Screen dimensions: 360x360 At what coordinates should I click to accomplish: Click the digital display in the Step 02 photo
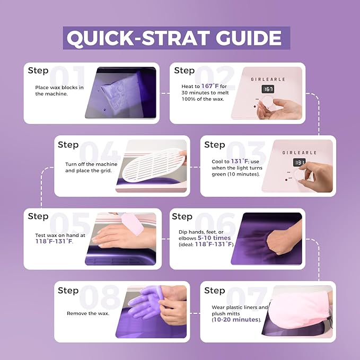(x=269, y=89)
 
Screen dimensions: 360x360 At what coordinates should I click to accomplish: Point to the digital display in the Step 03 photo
(x=300, y=162)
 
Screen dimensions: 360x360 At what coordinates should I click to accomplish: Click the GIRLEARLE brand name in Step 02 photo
(x=268, y=79)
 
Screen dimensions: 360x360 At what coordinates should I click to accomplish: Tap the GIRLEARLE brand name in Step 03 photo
(x=299, y=152)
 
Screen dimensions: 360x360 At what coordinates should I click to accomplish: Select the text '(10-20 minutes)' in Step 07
(x=236, y=320)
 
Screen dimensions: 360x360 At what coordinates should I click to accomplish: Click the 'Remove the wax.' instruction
(x=87, y=313)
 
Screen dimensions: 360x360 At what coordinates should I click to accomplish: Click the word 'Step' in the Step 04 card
(x=68, y=145)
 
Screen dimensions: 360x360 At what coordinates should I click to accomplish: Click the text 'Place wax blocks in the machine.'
(x=59, y=90)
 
